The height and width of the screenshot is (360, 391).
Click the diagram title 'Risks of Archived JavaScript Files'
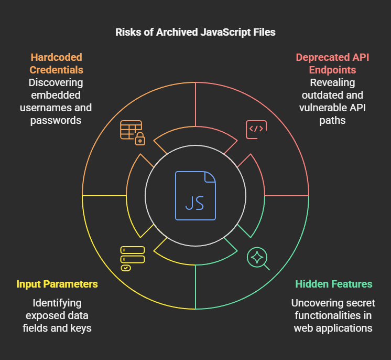(x=195, y=33)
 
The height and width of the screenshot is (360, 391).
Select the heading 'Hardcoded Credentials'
(x=57, y=63)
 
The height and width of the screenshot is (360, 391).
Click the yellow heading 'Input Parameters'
(x=57, y=284)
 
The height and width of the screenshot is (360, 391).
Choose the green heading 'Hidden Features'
(x=334, y=284)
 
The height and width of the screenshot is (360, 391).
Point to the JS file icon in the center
(x=195, y=195)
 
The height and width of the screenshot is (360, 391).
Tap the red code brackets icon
(x=256, y=129)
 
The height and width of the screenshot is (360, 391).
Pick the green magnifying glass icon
(x=258, y=259)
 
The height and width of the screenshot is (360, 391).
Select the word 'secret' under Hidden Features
(x=349, y=303)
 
